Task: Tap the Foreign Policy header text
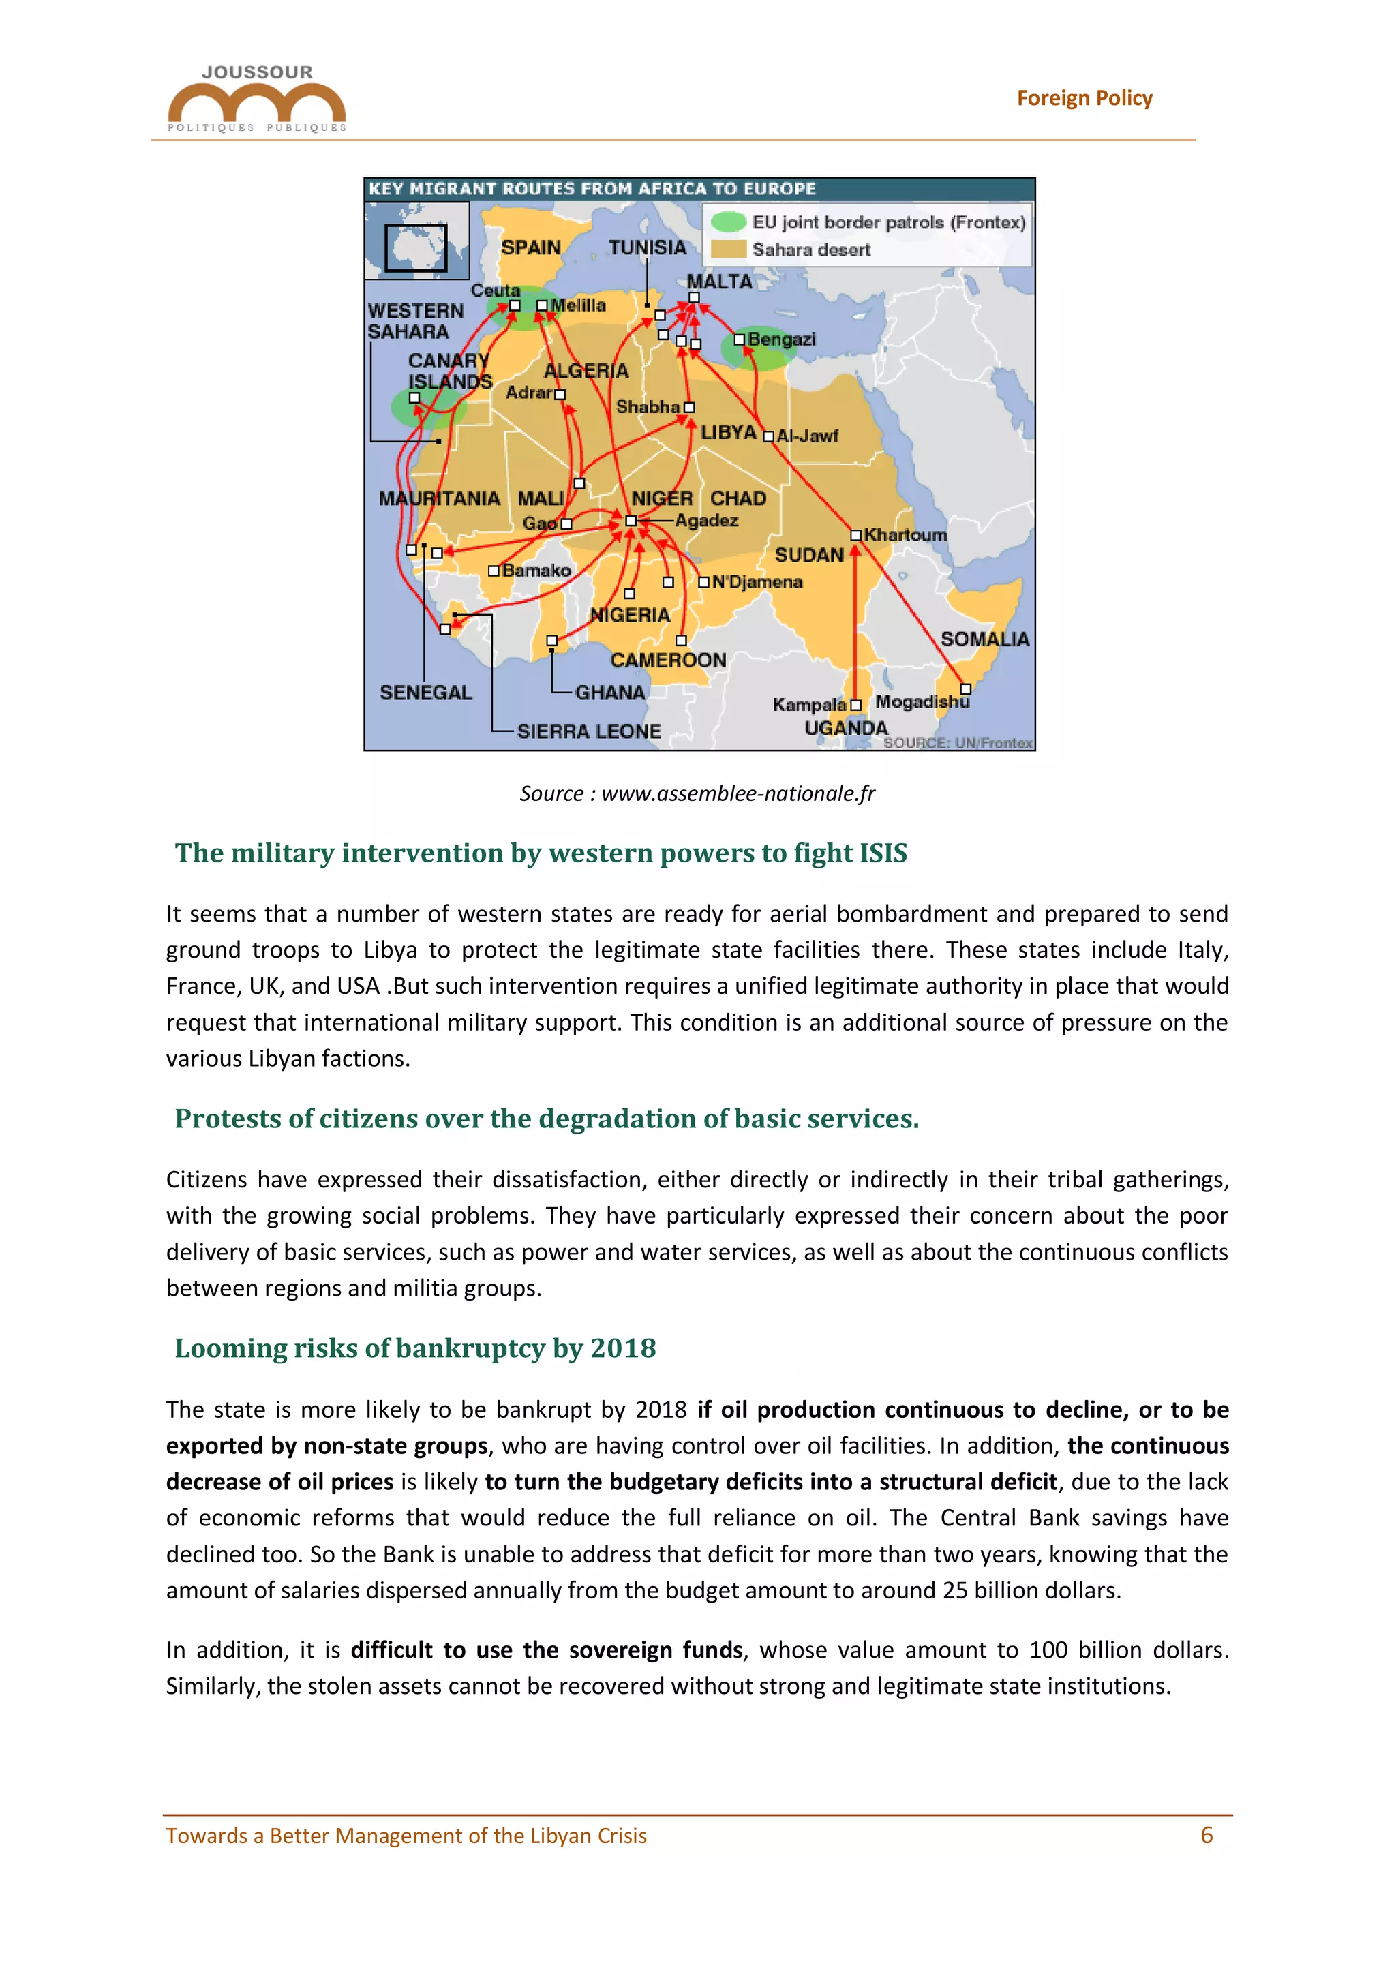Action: pyautogui.click(x=1084, y=98)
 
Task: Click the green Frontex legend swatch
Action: pyautogui.click(x=728, y=222)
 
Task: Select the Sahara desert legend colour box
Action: pyautogui.click(x=728, y=249)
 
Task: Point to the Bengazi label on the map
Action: pyautogui.click(x=780, y=339)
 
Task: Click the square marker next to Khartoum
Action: pyautogui.click(x=855, y=535)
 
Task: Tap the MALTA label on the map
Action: pyautogui.click(x=718, y=281)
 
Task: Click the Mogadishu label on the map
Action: pyautogui.click(x=922, y=701)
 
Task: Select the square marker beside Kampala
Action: pyautogui.click(x=855, y=705)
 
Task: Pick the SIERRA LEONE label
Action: pyautogui.click(x=589, y=731)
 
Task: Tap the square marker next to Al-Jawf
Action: pyautogui.click(x=768, y=436)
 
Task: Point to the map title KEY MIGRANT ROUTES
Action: pyautogui.click(x=592, y=188)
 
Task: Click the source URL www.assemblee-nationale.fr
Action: pyautogui.click(x=738, y=793)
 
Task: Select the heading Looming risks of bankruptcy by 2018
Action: pyautogui.click(x=415, y=1348)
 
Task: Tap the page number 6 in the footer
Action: pyautogui.click(x=1206, y=1836)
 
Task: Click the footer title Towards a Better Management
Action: pyautogui.click(x=406, y=1836)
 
